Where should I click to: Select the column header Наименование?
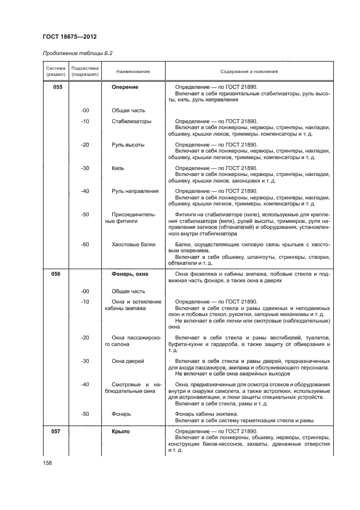click(133, 71)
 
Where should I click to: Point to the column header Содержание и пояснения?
click(249, 71)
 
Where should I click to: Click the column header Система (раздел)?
click(55, 71)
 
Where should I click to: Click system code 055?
click(56, 87)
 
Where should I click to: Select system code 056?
click(56, 274)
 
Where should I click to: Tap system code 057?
click(56, 432)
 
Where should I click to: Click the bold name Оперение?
click(125, 87)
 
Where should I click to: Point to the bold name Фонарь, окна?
click(129, 274)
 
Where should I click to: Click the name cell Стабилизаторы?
click(131, 121)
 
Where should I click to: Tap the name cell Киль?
click(118, 168)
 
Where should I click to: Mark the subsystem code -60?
click(84, 245)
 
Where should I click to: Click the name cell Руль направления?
click(135, 191)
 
